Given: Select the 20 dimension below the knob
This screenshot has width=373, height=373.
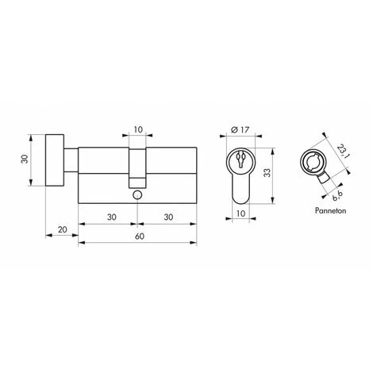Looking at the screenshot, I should tap(62, 230).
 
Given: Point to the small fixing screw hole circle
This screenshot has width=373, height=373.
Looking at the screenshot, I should tap(137, 193).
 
